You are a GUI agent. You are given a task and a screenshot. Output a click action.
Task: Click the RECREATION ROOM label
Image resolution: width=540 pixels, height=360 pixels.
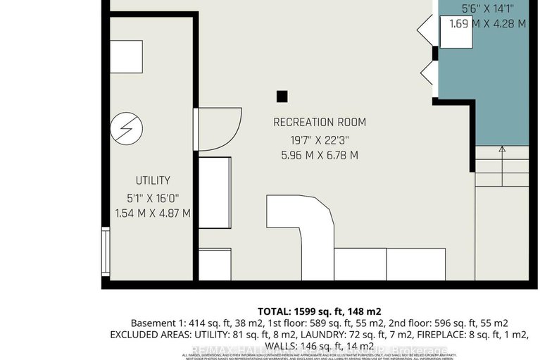320,123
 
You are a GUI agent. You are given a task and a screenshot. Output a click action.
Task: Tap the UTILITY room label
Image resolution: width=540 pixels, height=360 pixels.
153,181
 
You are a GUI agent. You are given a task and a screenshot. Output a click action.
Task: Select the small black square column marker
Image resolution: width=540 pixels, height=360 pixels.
282,97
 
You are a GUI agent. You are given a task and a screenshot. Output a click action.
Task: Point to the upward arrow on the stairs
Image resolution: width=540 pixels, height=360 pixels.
502,149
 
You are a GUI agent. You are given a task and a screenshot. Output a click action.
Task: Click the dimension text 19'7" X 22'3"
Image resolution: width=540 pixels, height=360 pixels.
320,139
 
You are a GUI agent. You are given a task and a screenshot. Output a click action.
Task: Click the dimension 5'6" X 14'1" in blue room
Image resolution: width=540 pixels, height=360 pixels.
487,9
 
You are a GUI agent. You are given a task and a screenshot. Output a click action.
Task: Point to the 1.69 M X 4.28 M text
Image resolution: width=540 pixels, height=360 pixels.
487,24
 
